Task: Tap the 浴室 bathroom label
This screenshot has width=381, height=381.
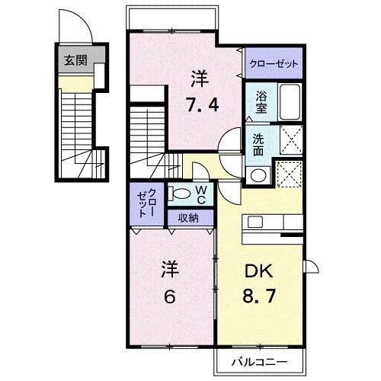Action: point(261,103)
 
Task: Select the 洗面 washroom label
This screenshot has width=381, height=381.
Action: point(261,146)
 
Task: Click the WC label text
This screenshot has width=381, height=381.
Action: point(201,194)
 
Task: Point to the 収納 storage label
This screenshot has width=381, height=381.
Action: point(189,218)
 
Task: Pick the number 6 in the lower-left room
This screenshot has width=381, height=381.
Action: point(169,296)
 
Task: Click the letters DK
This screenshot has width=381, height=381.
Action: point(259,271)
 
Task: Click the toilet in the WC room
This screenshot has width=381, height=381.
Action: point(178,194)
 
